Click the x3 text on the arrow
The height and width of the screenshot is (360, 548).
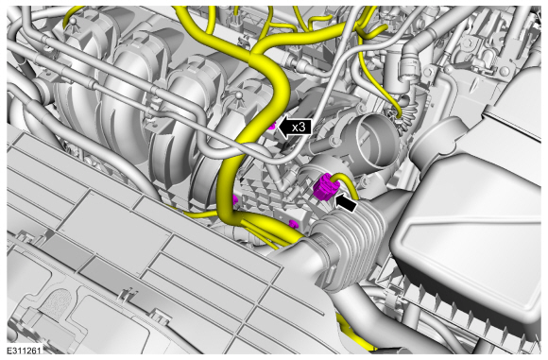tap(299, 128)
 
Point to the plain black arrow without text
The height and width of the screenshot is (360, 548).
tap(346, 203)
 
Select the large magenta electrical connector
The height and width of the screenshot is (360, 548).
tap(323, 187)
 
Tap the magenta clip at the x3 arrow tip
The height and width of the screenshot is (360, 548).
tap(272, 126)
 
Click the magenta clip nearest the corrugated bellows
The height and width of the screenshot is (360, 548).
tap(294, 224)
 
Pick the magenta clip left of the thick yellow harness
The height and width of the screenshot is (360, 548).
tap(235, 199)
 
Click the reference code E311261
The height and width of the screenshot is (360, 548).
tap(24, 351)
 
